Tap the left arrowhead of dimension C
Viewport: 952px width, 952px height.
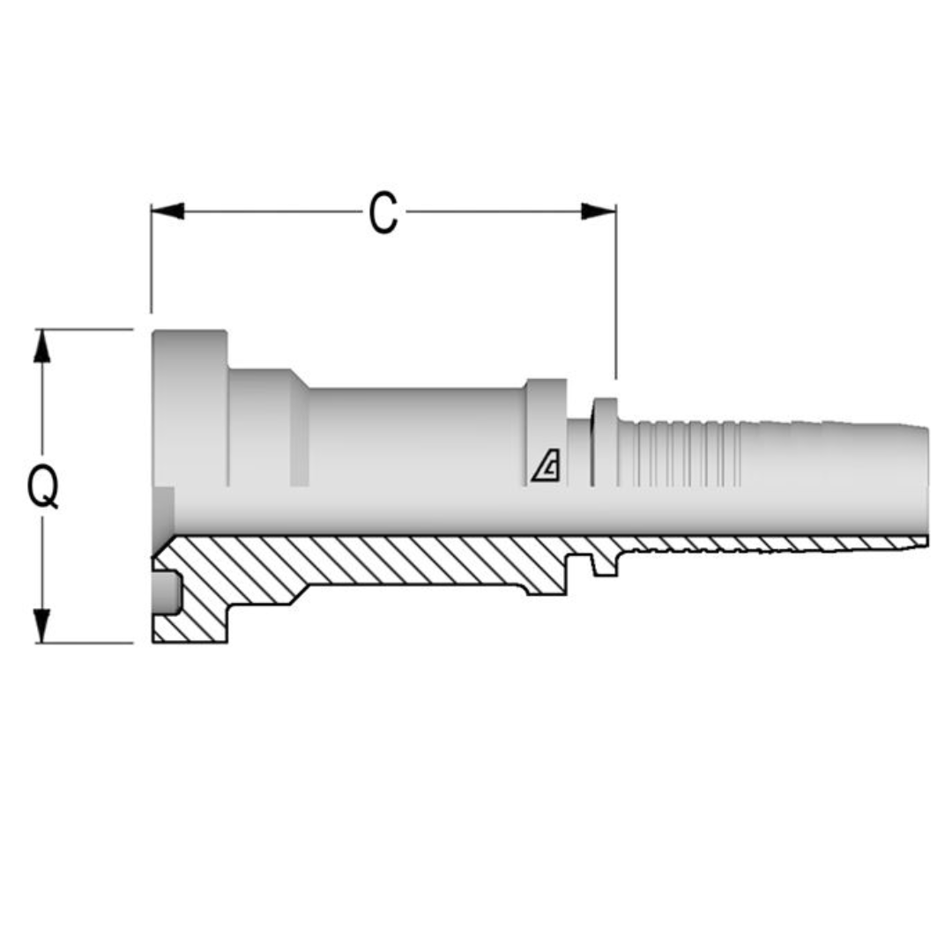click(167, 212)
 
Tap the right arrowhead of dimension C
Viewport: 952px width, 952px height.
click(599, 212)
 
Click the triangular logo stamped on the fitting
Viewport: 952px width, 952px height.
click(546, 466)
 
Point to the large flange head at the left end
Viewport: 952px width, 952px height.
click(190, 405)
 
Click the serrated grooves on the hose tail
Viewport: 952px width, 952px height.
click(679, 454)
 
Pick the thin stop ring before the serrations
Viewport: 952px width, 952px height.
click(605, 441)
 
